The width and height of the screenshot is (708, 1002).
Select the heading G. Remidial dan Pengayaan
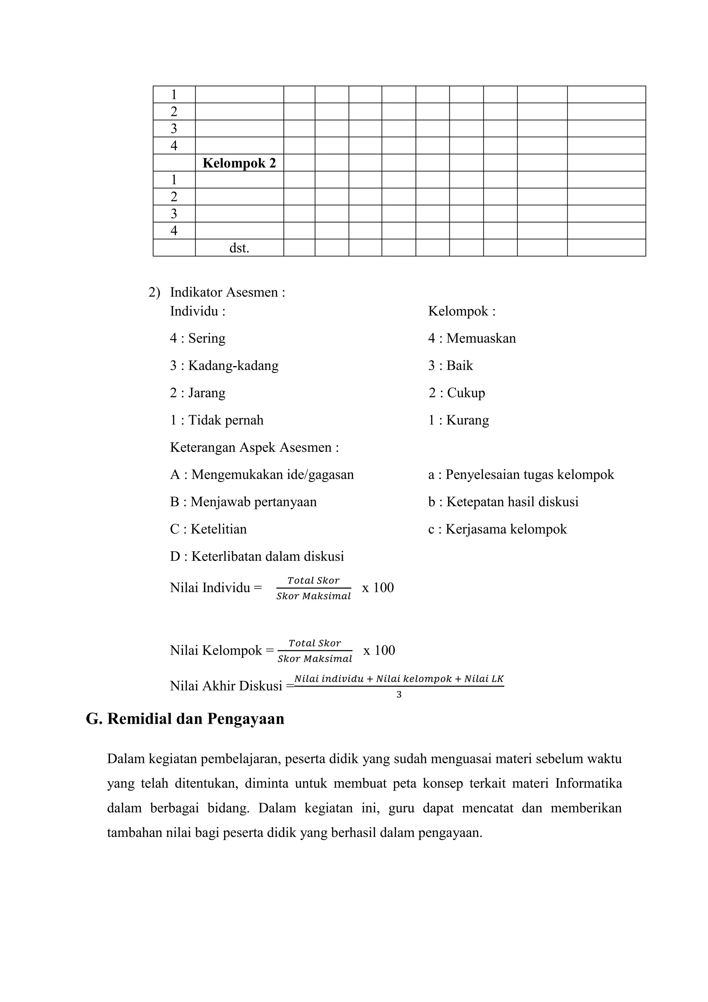185,718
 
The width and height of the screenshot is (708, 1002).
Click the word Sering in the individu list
207,338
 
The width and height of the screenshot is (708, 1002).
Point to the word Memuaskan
481,338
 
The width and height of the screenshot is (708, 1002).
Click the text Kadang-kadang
233,365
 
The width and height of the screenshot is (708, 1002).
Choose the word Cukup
466,393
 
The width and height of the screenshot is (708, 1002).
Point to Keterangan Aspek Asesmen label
254,447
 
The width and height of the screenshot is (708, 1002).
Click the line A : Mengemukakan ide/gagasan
262,474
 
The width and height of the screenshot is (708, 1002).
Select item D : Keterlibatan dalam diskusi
257,556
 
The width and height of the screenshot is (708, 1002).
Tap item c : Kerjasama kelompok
497,529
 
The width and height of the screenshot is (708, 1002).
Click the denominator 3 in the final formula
399,694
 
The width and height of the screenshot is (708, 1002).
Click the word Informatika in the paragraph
588,783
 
